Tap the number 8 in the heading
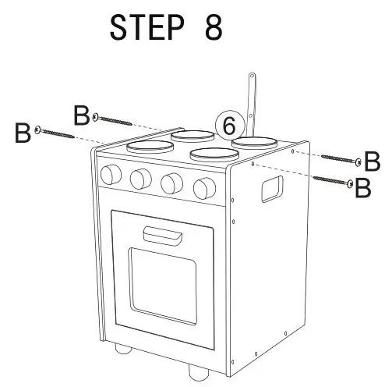[212, 27]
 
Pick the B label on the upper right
[373, 162]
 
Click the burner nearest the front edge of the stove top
[210, 154]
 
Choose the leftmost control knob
[109, 173]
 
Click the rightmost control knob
[204, 186]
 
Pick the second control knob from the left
[139, 179]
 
